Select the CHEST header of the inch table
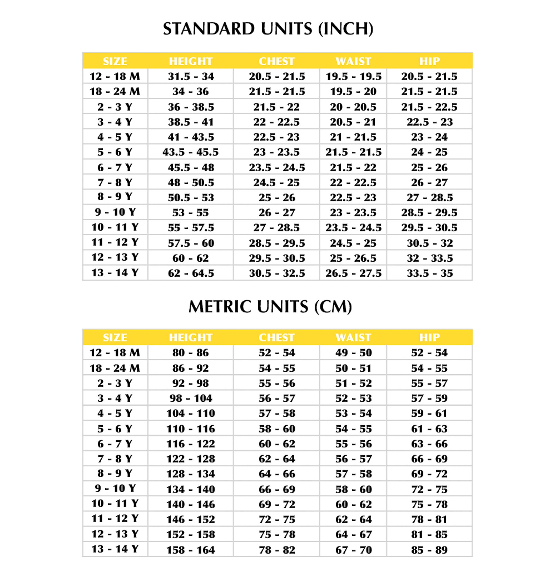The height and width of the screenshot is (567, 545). point(276,61)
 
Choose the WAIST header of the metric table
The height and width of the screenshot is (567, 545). point(353,337)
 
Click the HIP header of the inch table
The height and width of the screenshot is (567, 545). point(429,61)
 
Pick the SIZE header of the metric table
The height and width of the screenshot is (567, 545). point(115,337)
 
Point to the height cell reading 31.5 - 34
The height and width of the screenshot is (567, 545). point(191,76)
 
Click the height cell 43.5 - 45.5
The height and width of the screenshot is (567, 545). point(190,152)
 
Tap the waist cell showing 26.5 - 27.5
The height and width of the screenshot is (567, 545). point(353,273)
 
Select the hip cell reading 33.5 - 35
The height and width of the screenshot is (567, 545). point(429,273)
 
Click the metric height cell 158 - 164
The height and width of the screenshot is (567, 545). point(190,550)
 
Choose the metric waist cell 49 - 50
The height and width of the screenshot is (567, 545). point(353,353)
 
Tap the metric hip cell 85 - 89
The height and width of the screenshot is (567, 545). point(429,550)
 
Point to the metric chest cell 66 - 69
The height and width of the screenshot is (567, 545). point(277,489)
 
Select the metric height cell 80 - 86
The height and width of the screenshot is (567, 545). point(190,353)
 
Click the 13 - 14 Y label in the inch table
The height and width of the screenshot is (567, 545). point(115,273)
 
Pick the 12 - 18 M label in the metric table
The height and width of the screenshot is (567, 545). point(115,353)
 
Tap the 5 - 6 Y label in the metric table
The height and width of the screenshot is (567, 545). point(115,428)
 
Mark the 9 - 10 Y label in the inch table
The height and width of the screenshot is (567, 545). point(115,212)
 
